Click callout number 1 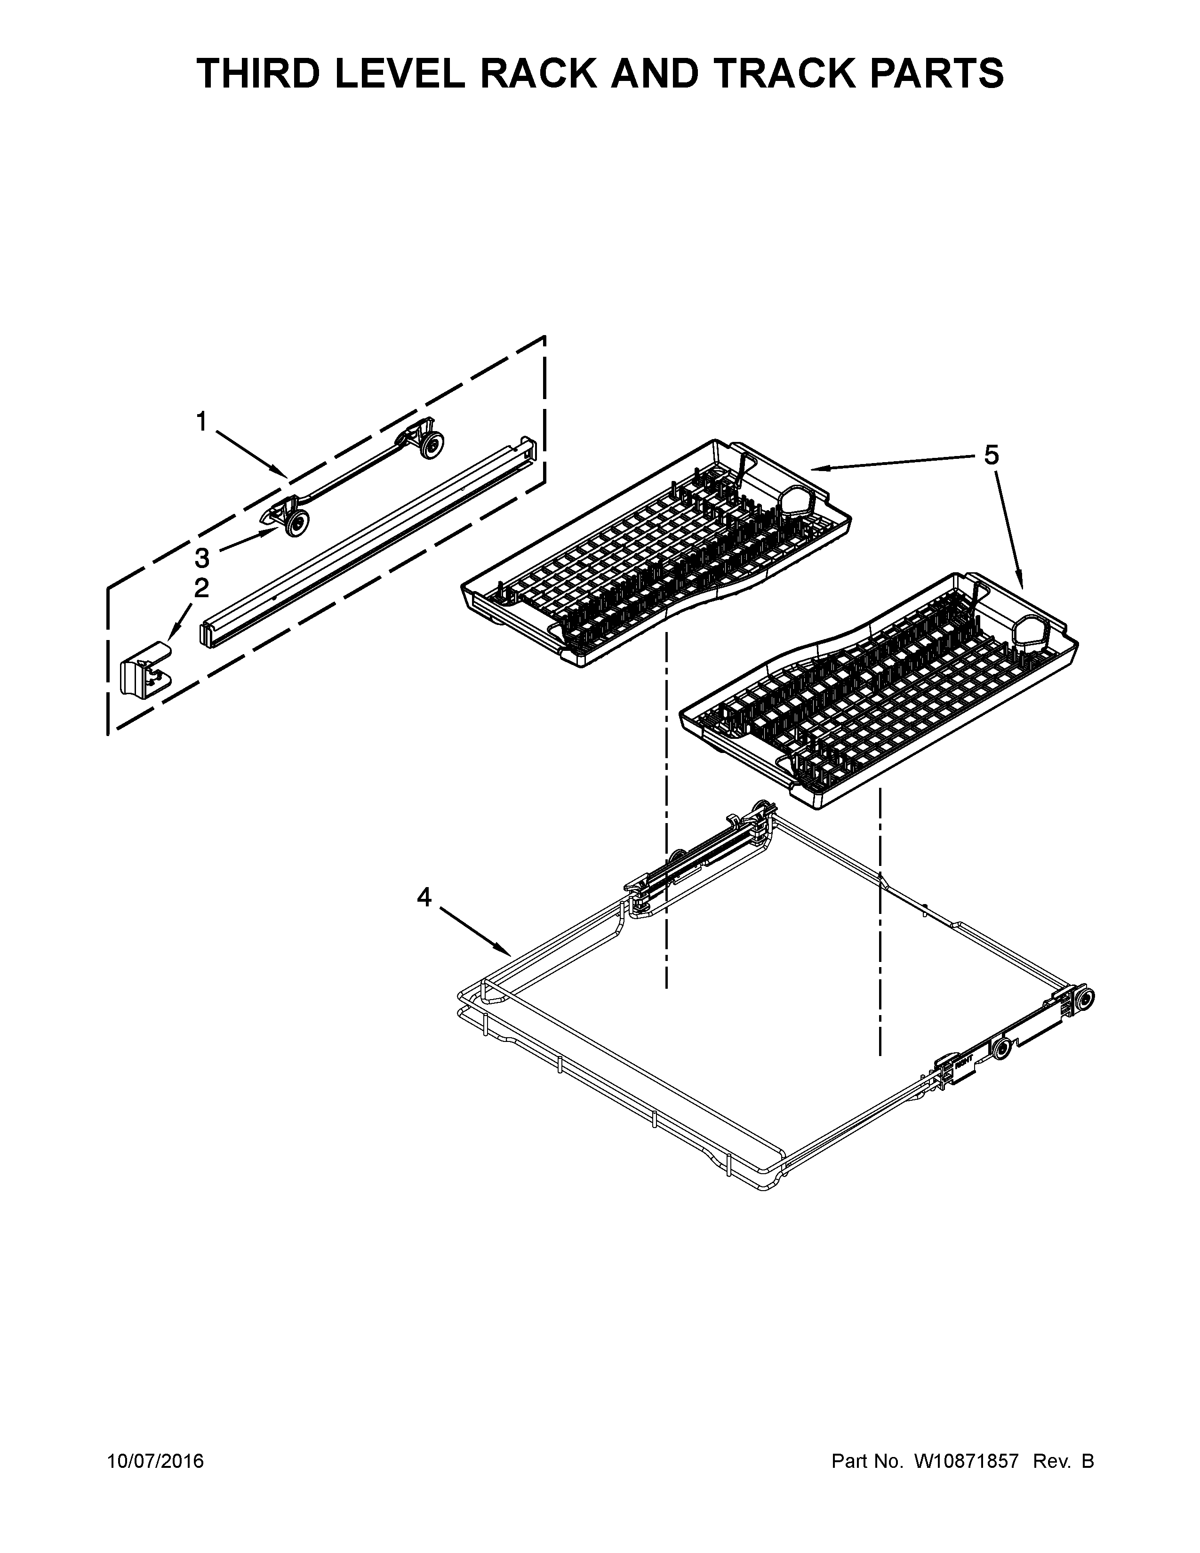click(x=201, y=423)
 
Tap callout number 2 click(x=201, y=588)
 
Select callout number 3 click(x=202, y=558)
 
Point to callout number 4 click(x=424, y=897)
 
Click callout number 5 click(x=991, y=455)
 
